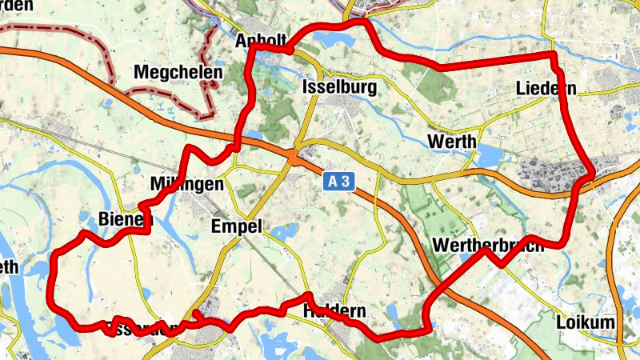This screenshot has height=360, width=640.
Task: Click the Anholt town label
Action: [261, 41]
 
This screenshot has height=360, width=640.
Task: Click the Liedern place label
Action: [546, 88]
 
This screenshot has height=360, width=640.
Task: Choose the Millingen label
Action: [186, 185]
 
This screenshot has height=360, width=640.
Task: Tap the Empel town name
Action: [237, 226]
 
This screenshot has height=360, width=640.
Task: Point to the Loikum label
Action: [586, 322]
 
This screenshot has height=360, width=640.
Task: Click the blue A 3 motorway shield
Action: [338, 182]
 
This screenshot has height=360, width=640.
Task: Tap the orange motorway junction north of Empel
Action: [296, 158]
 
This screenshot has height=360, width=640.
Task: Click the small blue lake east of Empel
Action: [282, 233]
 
